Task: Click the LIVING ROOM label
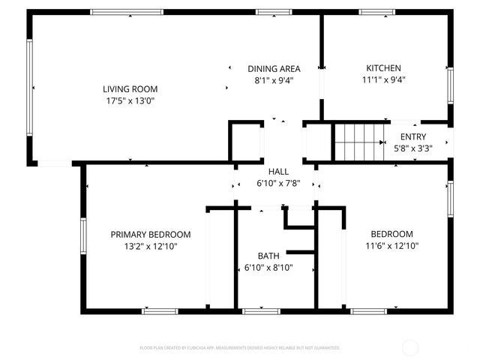130,89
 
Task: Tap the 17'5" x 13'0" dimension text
130,100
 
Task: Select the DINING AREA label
274,68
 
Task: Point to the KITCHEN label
383,68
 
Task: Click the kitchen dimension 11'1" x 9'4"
383,79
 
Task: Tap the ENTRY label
413,136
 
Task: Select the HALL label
278,172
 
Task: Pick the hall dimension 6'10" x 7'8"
278,184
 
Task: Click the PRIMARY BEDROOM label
151,234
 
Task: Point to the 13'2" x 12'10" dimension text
151,245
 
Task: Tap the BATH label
268,256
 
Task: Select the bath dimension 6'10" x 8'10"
268,267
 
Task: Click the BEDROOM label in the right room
391,234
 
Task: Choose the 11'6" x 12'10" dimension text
391,245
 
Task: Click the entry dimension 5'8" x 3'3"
413,148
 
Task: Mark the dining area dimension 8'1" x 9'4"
274,79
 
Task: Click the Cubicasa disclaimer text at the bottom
240,348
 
